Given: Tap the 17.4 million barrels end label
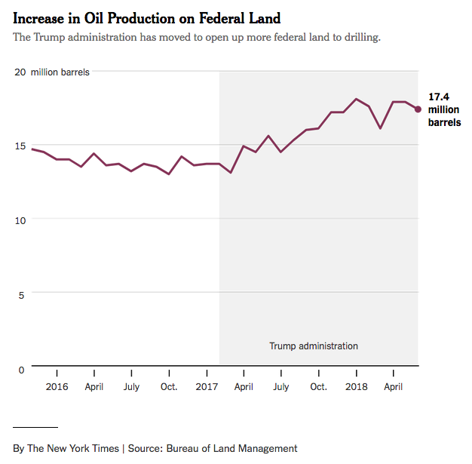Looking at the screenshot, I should (x=444, y=109).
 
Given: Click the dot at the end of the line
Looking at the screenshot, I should (x=418, y=109).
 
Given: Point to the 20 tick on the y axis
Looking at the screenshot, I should (x=20, y=72).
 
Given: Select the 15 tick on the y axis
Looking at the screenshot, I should (x=20, y=146).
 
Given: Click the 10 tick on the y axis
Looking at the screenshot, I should (x=20, y=220).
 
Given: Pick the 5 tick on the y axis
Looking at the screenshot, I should (x=22, y=294).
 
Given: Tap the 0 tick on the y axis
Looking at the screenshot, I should (x=22, y=369).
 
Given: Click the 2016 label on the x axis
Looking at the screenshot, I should (x=57, y=387).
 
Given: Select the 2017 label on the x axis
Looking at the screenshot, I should (x=207, y=387).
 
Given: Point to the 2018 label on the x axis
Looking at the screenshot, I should (x=357, y=387).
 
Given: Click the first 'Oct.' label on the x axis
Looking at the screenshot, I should (x=169, y=387).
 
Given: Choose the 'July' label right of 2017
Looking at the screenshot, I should (x=281, y=387).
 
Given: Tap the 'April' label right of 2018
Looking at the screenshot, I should (x=394, y=387).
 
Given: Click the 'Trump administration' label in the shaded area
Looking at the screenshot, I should (x=314, y=346).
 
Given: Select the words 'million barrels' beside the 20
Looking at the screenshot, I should (x=60, y=72).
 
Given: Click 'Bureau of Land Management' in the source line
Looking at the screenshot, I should (x=233, y=448).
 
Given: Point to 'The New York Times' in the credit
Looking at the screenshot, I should (x=73, y=448).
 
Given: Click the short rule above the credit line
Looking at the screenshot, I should (x=35, y=427).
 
